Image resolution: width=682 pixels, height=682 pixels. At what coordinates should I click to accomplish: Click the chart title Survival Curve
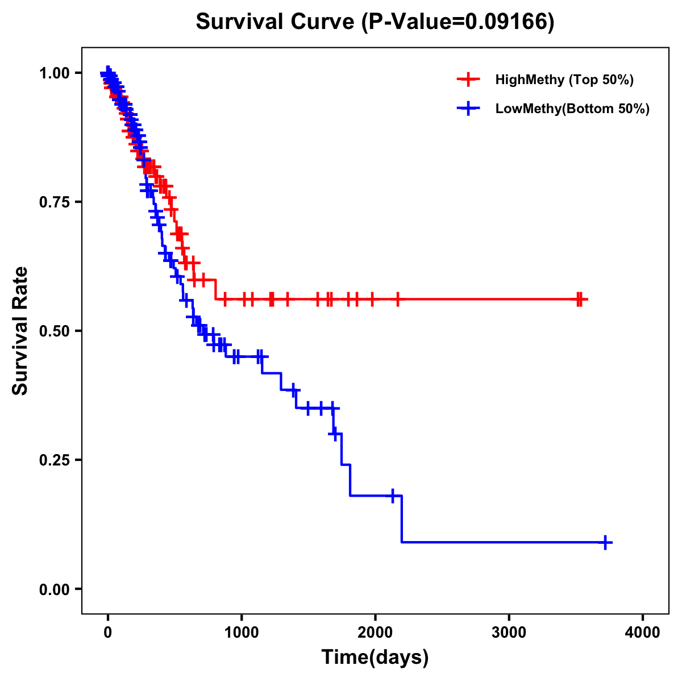pos(277,22)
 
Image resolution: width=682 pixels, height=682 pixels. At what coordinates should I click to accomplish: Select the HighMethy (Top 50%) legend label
pos(564,80)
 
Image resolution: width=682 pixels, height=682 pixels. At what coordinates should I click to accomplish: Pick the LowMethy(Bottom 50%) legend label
pos(572,109)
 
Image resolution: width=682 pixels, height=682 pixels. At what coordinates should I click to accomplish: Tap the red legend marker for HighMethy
pos(468,80)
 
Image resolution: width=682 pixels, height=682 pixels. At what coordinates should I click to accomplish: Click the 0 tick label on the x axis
pos(107,633)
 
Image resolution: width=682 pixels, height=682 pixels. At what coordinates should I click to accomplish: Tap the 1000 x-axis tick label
pos(242,633)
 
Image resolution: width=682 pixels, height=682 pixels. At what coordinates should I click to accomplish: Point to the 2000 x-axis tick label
pos(375,633)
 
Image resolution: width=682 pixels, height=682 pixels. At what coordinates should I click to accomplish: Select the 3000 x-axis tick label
pos(509,633)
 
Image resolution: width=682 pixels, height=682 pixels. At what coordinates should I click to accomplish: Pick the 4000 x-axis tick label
pos(643,633)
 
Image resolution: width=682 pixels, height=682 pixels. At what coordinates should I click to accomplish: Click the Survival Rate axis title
pos(20,331)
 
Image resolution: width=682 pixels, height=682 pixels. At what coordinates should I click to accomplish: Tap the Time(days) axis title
pos(375,658)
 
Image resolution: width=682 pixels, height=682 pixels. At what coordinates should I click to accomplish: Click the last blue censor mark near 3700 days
pos(606,542)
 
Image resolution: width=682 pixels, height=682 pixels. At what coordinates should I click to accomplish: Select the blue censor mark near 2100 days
pos(392,496)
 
